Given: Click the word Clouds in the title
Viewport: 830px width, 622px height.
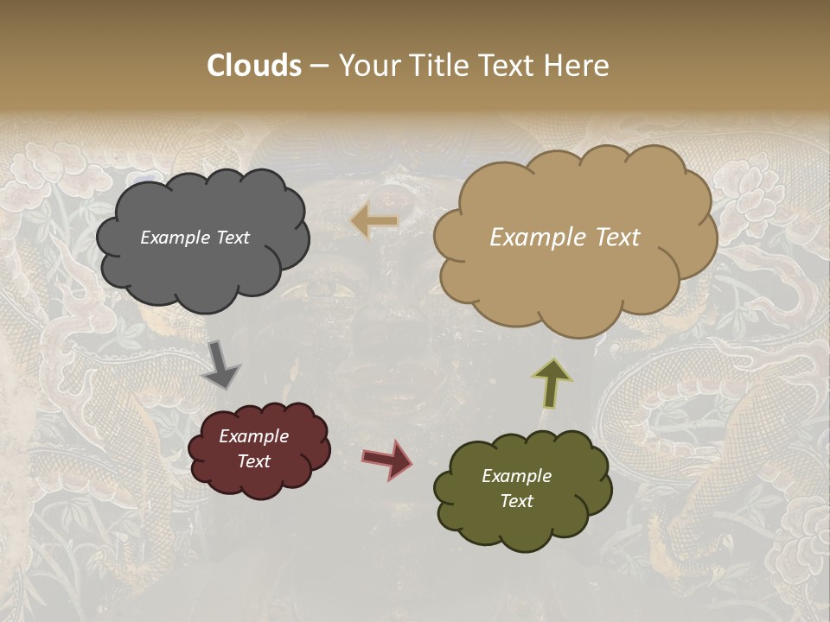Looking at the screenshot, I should pyautogui.click(x=254, y=66).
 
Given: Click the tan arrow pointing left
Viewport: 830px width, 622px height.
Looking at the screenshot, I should pyautogui.click(x=375, y=222).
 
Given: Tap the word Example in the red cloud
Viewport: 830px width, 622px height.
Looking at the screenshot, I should pyautogui.click(x=254, y=436).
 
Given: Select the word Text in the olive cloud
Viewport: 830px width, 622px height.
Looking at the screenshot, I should pyautogui.click(x=517, y=501).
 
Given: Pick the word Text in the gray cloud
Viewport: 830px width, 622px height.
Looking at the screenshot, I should pyautogui.click(x=233, y=238).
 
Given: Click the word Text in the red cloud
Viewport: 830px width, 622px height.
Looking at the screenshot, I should pyautogui.click(x=254, y=461).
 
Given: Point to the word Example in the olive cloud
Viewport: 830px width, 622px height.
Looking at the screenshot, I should pyautogui.click(x=517, y=476).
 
